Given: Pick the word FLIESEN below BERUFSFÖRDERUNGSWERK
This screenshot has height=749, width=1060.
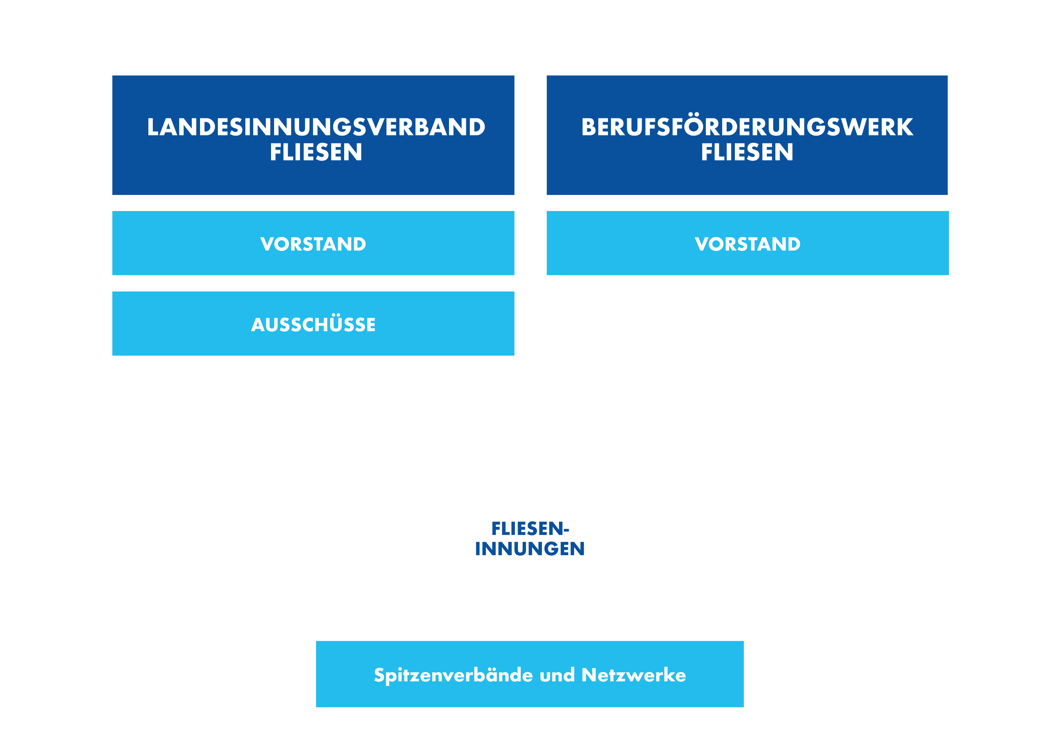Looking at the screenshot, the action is (x=747, y=152).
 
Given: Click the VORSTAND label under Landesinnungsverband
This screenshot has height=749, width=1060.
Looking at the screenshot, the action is (x=313, y=244).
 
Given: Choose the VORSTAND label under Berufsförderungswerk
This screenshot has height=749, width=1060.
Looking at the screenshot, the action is (x=748, y=244).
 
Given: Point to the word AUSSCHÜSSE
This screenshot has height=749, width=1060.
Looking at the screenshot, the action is (x=313, y=323).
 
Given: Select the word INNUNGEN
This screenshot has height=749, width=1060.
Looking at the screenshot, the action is (x=530, y=549).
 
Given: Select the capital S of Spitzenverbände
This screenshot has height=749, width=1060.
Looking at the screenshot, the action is (x=380, y=675).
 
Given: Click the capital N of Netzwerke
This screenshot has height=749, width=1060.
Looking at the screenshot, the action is (x=590, y=675).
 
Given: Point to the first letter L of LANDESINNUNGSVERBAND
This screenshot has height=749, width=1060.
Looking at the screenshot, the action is (x=153, y=127).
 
